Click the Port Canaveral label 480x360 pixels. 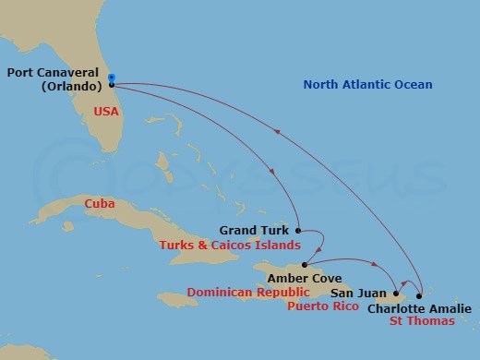pos(54,72)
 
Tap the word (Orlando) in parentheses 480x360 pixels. pos(71,87)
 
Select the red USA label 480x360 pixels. pos(105,111)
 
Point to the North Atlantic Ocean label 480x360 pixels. pos(367,85)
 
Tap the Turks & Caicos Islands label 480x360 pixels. pos(229,245)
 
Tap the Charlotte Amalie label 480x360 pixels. pos(418,308)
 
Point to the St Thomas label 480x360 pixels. pos(421,321)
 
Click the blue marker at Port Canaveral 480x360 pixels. pos(111,78)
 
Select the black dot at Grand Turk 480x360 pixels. pos(298,230)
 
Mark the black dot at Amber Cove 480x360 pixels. pos(305,265)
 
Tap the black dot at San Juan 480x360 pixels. pos(395,294)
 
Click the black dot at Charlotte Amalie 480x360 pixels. pos(419,296)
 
